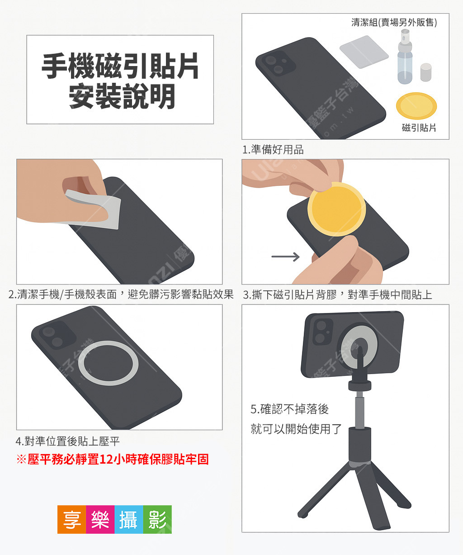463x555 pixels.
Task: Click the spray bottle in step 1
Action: coord(405,57)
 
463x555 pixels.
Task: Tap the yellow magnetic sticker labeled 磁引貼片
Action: coord(416,106)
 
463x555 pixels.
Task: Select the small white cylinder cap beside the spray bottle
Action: coord(426,72)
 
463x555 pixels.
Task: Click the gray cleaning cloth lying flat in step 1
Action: coord(364,52)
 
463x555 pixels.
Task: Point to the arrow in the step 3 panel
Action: coord(285,257)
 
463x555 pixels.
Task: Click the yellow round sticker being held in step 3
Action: coord(336,209)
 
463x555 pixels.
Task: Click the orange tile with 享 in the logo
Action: coord(72,519)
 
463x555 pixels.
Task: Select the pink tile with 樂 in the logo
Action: coord(100,519)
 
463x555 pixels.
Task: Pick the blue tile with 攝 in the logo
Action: coord(129,519)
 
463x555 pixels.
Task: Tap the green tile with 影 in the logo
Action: coord(157,519)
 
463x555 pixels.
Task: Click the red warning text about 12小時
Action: coord(113,459)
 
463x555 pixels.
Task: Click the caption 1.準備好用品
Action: coord(273,150)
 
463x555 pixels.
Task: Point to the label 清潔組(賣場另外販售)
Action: coord(394,22)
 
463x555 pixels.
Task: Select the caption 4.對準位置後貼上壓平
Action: coord(67,441)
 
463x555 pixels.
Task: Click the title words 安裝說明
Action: coord(122,96)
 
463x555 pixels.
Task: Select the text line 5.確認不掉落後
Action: coord(289,409)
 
